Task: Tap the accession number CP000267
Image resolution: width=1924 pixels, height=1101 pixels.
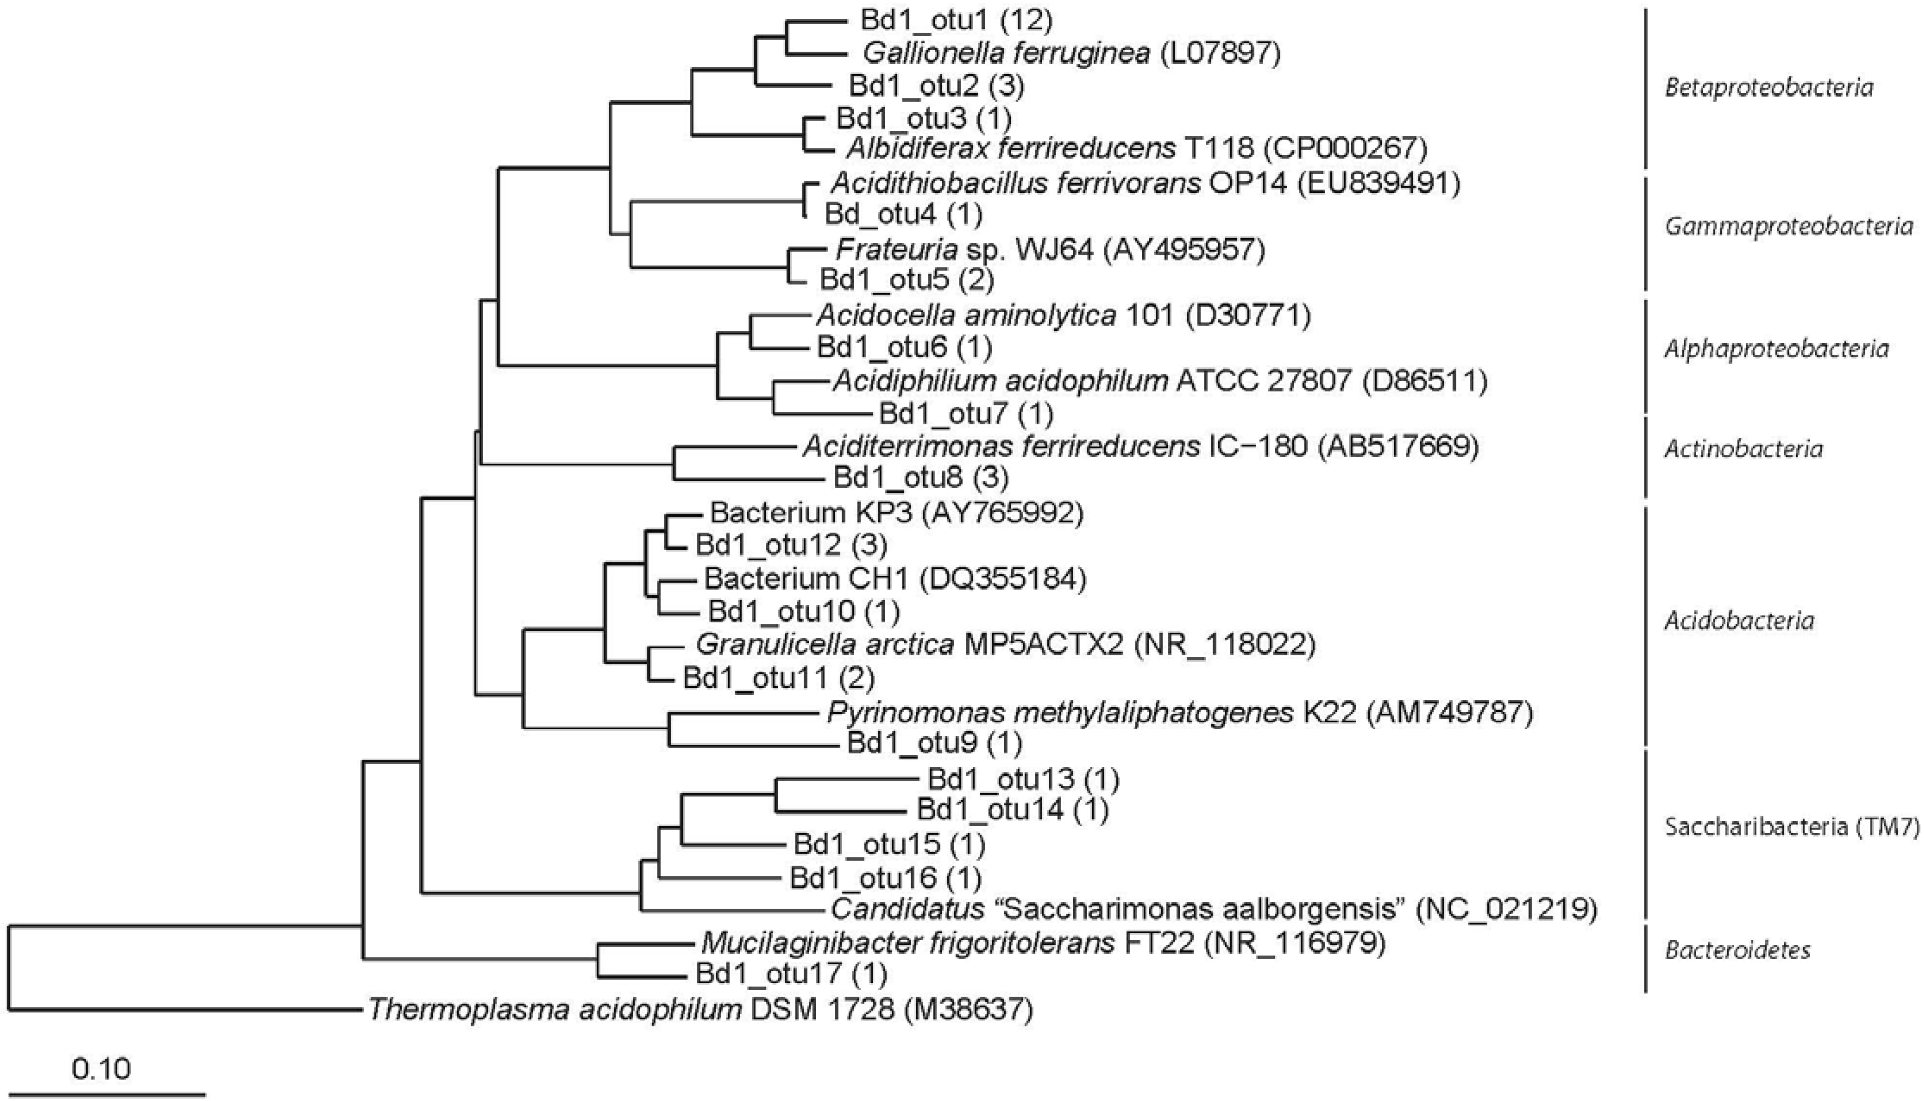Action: point(1344,149)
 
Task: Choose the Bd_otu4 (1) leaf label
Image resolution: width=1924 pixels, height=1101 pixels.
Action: point(903,215)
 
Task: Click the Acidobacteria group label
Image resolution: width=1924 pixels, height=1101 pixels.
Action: point(1739,621)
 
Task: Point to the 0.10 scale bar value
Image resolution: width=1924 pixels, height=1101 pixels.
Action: point(101,1069)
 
